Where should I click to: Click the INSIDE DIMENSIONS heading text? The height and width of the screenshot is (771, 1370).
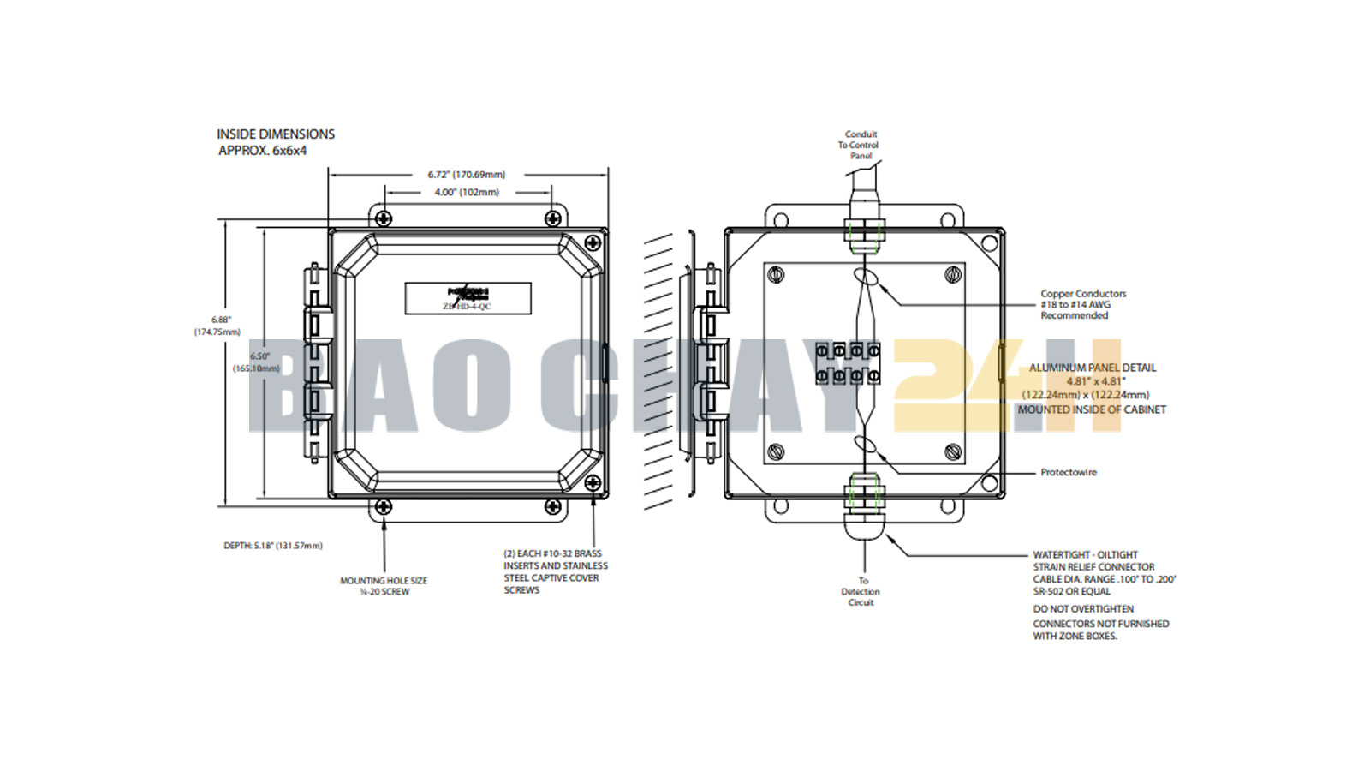coord(275,134)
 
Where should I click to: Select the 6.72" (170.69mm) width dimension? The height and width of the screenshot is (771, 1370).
coord(467,175)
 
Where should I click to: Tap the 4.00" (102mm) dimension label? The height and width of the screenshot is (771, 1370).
coord(467,192)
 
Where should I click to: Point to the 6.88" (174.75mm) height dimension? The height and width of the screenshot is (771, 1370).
coord(220,326)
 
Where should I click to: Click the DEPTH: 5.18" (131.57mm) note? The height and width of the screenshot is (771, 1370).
coord(273,546)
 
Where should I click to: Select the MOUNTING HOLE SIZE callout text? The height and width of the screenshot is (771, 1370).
coord(384,586)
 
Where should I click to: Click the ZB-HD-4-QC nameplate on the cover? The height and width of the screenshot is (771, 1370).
coord(468,298)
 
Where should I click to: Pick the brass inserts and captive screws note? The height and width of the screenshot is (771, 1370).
coord(555,571)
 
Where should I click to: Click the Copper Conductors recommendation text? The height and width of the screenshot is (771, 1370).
coord(1082,304)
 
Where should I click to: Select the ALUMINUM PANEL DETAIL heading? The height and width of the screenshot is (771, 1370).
coord(1093,368)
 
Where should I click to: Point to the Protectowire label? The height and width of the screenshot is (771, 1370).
coord(1068,472)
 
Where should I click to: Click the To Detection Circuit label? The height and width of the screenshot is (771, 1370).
coord(861,591)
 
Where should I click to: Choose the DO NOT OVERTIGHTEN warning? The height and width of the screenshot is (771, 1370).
coord(1082,609)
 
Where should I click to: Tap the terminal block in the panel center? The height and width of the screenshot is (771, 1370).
coord(847,363)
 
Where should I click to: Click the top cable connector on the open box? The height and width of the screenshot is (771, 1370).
coord(864,230)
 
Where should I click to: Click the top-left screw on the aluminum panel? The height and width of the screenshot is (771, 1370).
coord(777,275)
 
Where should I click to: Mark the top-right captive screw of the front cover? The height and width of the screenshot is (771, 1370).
coord(592,243)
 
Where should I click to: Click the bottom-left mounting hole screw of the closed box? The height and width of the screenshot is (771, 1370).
coord(384,507)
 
